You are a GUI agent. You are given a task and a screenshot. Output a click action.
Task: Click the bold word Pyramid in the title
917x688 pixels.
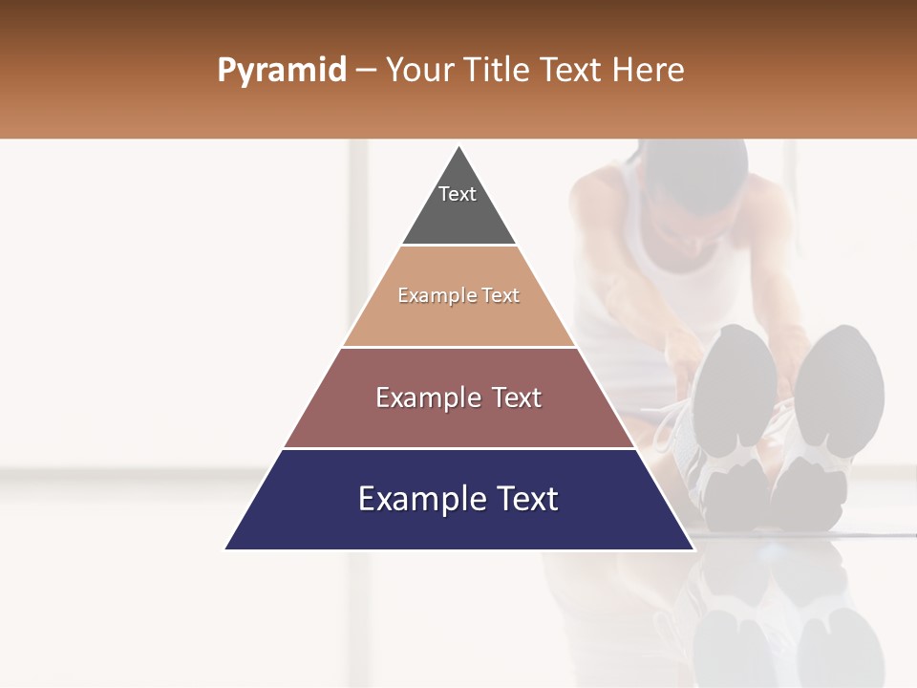tap(282, 71)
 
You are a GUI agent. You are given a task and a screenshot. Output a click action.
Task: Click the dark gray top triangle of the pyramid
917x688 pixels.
tap(459, 215)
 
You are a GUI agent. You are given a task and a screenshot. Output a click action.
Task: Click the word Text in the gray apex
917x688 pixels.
tap(458, 194)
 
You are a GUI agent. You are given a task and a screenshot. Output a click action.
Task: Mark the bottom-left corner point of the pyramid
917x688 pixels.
tap(224, 549)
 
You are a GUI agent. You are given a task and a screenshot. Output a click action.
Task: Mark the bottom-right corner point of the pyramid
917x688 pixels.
tap(694, 549)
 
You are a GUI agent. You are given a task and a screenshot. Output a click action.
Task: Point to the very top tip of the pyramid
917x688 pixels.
tap(459, 146)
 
